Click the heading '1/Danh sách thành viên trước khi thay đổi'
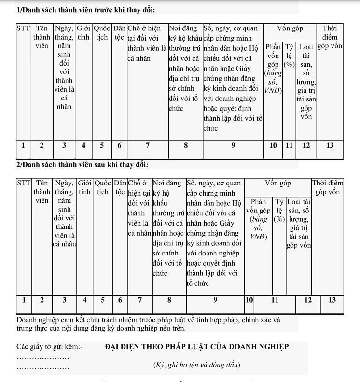[x=86, y=10]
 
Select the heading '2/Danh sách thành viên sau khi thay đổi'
[x=82, y=165]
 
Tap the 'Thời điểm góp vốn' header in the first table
[x=330, y=37]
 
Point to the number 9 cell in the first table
[x=233, y=145]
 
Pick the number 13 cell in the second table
[x=332, y=300]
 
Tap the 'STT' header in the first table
[x=23, y=28]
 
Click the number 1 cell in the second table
[x=23, y=300]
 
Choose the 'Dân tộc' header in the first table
[x=119, y=33]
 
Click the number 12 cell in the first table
[x=306, y=145]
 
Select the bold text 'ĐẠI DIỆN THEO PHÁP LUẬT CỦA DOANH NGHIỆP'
[x=196, y=346]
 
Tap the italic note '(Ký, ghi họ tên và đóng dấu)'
[x=196, y=365]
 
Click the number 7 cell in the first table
[x=147, y=145]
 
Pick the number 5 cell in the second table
[x=102, y=300]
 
